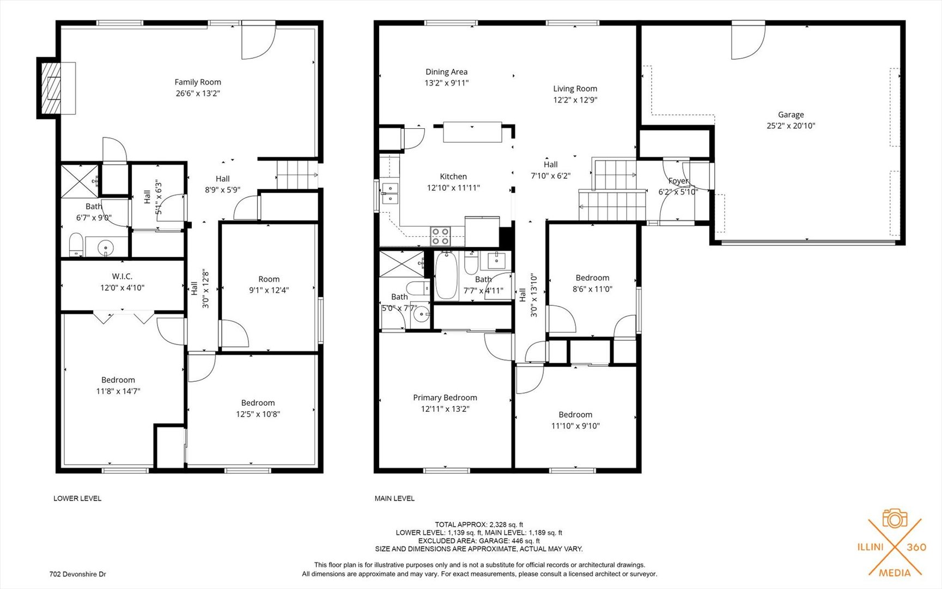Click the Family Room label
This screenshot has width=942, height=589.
tap(198, 82)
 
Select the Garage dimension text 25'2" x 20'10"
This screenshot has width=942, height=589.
tap(791, 126)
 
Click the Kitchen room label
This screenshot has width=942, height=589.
tap(453, 177)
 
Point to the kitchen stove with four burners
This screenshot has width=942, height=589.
tap(440, 236)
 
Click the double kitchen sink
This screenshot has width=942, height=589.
tap(390, 193)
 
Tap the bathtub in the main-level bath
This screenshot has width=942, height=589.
tap(446, 276)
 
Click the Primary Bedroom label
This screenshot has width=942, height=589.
tap(445, 398)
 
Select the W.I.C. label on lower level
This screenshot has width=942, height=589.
tap(122, 277)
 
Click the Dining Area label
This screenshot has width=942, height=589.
tap(446, 72)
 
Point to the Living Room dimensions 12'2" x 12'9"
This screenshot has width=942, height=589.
tap(575, 100)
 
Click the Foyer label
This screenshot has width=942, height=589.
tap(678, 181)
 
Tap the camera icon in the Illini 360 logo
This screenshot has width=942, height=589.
tap(895, 519)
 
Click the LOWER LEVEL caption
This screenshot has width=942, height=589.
tap(77, 498)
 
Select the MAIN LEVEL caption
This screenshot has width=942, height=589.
tap(394, 498)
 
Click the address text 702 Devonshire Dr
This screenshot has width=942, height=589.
tap(78, 574)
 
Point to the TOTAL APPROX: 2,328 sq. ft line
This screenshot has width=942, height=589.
tap(479, 525)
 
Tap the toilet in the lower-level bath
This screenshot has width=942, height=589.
tap(76, 244)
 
